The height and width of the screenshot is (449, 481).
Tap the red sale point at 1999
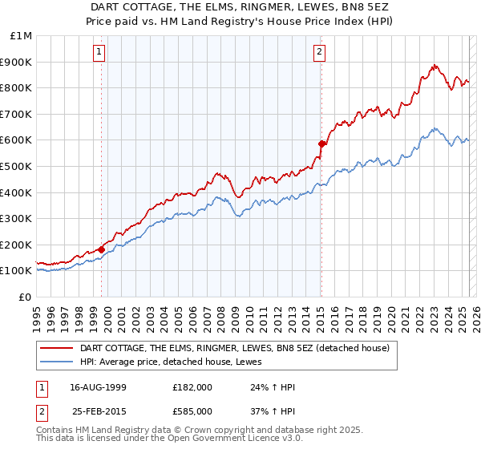click(x=102, y=249)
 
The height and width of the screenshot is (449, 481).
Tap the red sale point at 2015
click(x=321, y=144)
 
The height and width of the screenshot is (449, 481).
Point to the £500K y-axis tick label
click(x=16, y=166)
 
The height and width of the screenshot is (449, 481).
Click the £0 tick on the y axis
click(x=25, y=297)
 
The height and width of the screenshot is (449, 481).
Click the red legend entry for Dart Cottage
click(x=235, y=348)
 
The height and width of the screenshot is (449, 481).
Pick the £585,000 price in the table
click(x=192, y=411)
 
